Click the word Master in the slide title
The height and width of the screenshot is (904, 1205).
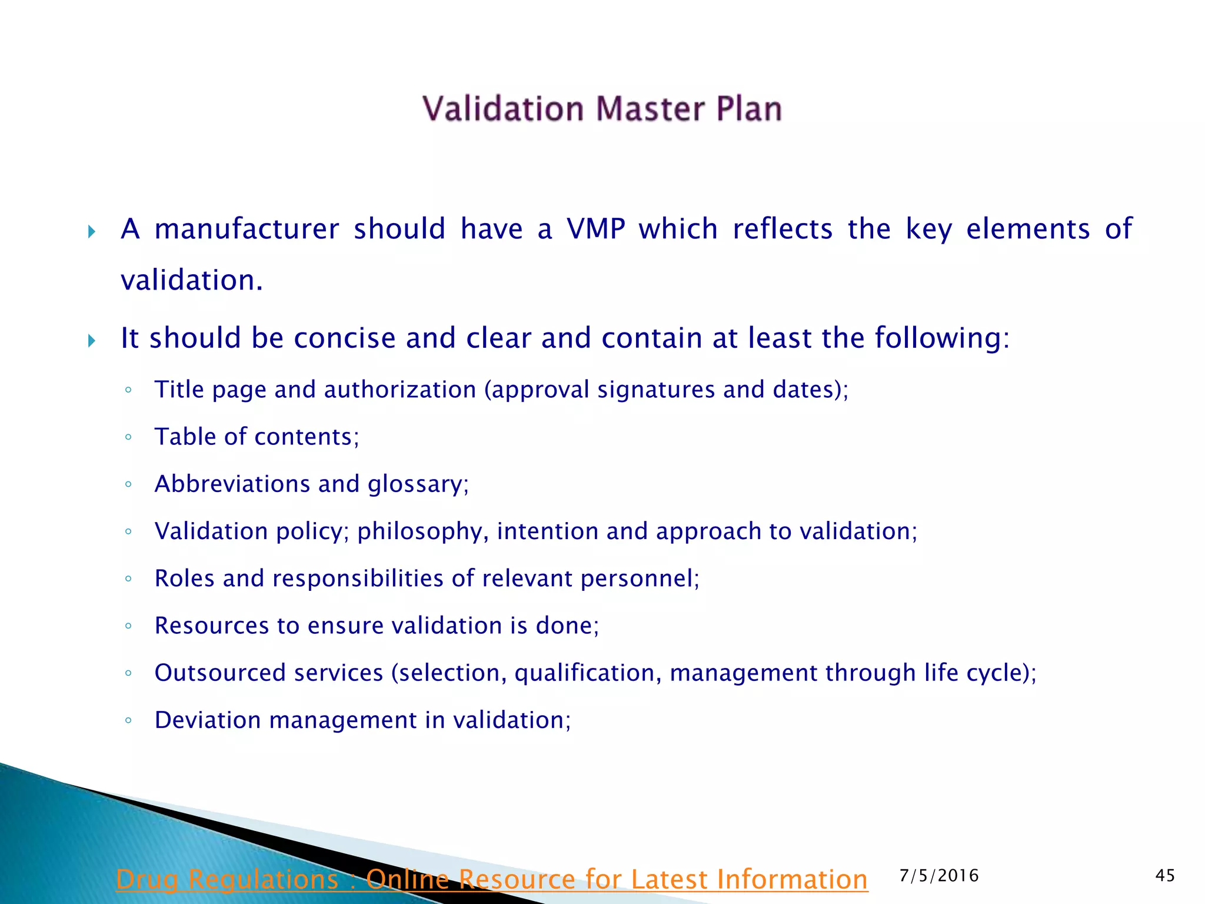point(650,109)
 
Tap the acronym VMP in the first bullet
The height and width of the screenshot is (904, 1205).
point(595,229)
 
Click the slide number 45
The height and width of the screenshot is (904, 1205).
point(1165,875)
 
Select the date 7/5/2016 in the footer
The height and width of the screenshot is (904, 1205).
point(939,876)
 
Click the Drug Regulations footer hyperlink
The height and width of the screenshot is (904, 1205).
point(491,880)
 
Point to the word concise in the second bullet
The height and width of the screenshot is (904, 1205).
point(345,338)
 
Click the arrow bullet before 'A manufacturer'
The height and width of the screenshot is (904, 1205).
point(92,231)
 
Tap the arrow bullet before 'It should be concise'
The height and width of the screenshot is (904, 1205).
point(92,340)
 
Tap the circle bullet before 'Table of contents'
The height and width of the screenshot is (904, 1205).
point(128,437)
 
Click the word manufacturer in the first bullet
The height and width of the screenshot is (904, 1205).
point(247,229)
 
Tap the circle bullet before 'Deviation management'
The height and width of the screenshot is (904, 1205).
point(128,720)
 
